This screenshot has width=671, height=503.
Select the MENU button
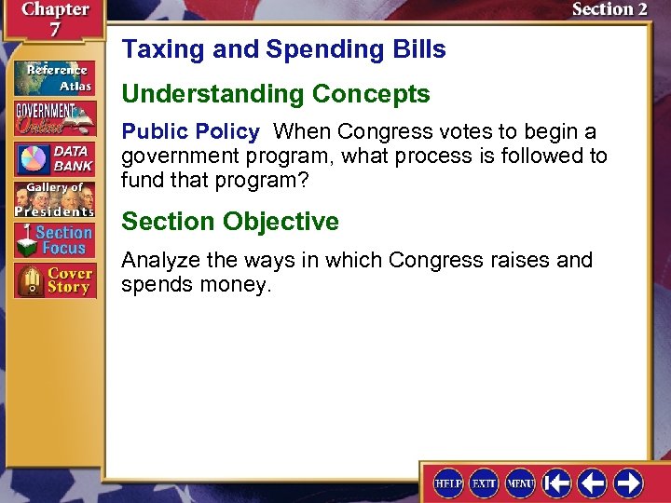[520, 483]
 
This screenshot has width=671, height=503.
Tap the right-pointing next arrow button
[627, 483]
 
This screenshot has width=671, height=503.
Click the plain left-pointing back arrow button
[592, 483]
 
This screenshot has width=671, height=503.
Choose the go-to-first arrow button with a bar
[556, 483]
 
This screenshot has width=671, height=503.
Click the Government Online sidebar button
[53, 118]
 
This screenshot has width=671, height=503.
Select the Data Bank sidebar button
[53, 158]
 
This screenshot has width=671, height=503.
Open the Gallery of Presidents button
[53, 198]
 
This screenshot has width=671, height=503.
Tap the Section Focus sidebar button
[53, 239]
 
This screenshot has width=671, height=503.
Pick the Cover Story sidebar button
[53, 280]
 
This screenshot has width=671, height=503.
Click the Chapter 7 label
[54, 19]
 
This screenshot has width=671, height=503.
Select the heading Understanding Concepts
[276, 94]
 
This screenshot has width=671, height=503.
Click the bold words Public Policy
[190, 131]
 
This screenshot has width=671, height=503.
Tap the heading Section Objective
[230, 222]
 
